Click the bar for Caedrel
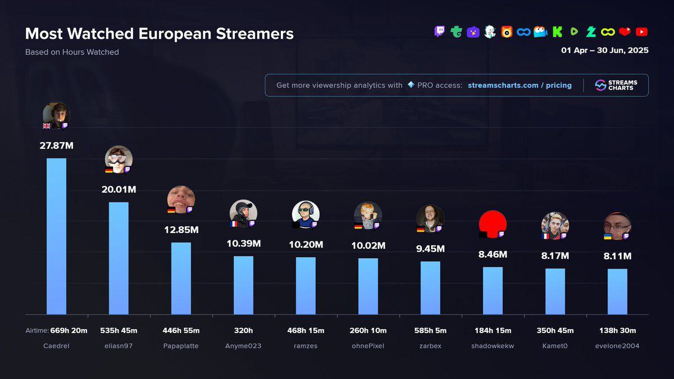pyautogui.click(x=56, y=236)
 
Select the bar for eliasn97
pyautogui.click(x=119, y=258)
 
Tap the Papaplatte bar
pyautogui.click(x=181, y=278)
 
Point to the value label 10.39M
pyautogui.click(x=243, y=244)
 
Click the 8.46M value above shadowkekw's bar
pyautogui.click(x=493, y=254)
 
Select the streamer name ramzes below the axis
pyautogui.click(x=306, y=346)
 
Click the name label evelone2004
pyautogui.click(x=617, y=346)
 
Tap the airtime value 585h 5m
pyautogui.click(x=430, y=331)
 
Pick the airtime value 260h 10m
pyautogui.click(x=368, y=331)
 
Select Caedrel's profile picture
pyautogui.click(x=56, y=115)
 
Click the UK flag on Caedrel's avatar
pyautogui.click(x=47, y=126)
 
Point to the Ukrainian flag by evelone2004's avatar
pyautogui.click(x=608, y=236)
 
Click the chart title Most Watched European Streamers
pyautogui.click(x=160, y=34)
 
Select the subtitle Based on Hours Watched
pyautogui.click(x=72, y=52)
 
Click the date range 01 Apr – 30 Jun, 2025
pyautogui.click(x=604, y=51)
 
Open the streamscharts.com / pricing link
pyautogui.click(x=520, y=85)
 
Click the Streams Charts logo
pyautogui.click(x=616, y=85)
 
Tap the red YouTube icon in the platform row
pyautogui.click(x=641, y=32)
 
